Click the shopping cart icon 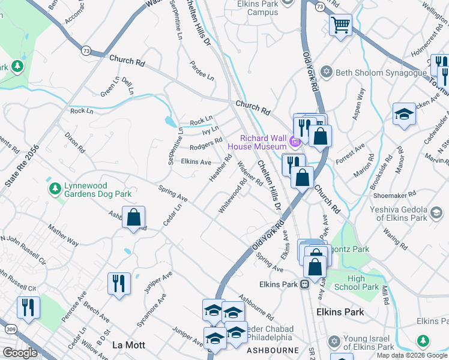340,25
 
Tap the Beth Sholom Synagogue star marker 327,73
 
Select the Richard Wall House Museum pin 294,142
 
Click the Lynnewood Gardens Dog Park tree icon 55,189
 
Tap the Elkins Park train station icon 305,284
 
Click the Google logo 20,352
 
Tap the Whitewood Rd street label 233,197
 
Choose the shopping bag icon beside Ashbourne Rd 133,217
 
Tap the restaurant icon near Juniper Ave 119,283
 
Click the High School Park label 364,283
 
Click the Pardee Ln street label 202,70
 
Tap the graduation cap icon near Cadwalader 404,114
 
